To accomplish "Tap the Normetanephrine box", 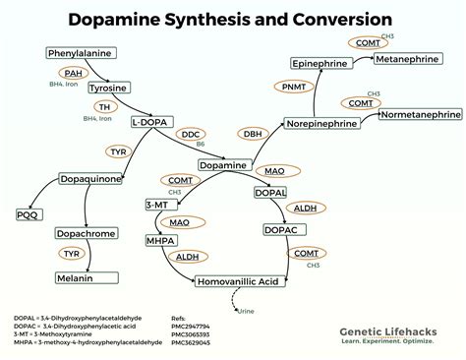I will (x=421, y=115).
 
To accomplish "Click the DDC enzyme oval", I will (x=192, y=133).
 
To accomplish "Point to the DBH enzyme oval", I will (x=253, y=134).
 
